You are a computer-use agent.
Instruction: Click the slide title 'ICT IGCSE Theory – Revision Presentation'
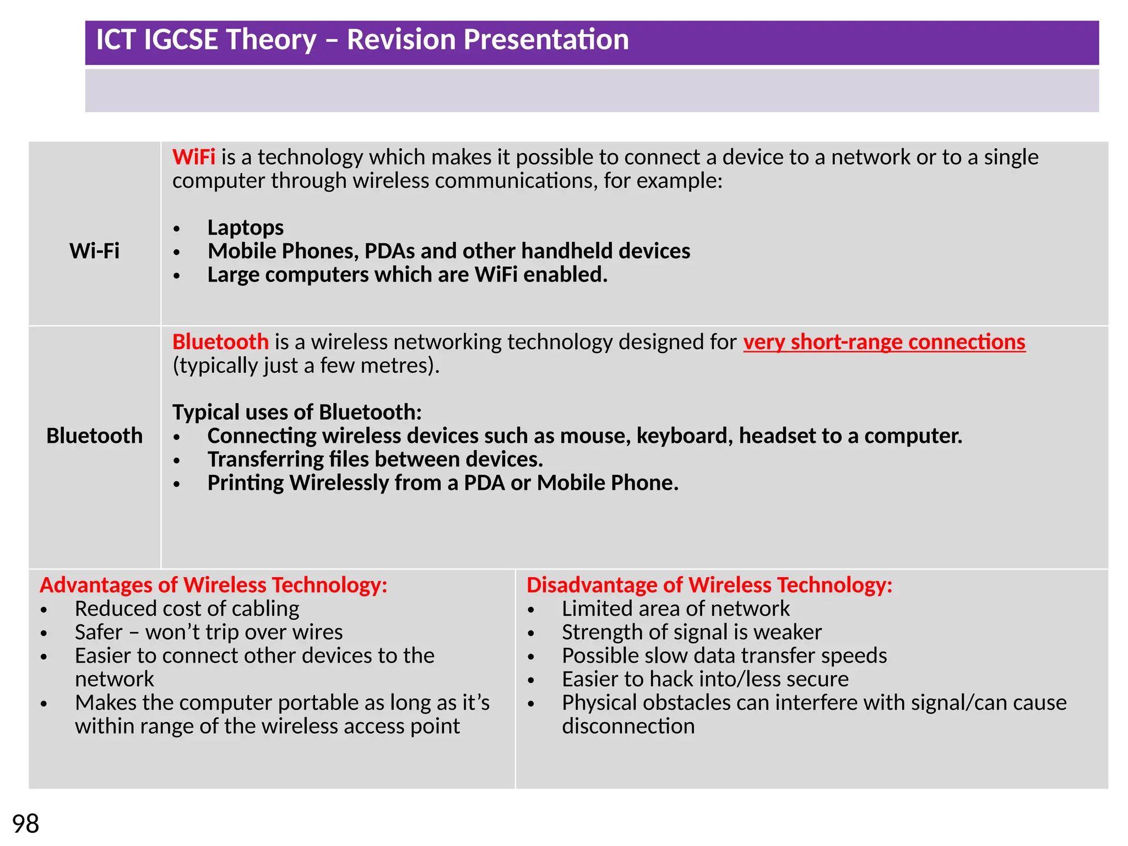tap(362, 40)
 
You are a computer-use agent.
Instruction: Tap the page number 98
tap(25, 824)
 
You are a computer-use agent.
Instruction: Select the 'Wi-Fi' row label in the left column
tap(94, 251)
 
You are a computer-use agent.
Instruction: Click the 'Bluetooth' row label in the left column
tap(94, 436)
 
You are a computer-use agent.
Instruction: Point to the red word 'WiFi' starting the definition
tap(193, 158)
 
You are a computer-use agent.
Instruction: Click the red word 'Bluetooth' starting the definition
tap(220, 342)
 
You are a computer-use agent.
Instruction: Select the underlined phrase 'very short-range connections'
tap(884, 342)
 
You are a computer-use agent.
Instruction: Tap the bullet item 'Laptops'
tap(245, 227)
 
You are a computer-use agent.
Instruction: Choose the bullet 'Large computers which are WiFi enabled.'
tap(407, 275)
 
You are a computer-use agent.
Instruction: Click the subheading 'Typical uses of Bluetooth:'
tap(297, 412)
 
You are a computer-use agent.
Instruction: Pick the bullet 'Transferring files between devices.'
tap(375, 459)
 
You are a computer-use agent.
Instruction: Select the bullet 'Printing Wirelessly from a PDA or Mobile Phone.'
tap(442, 483)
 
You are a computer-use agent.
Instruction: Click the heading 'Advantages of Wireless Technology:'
tap(213, 585)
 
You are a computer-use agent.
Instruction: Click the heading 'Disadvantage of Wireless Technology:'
tap(709, 585)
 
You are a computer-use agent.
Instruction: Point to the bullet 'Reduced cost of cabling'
tap(187, 609)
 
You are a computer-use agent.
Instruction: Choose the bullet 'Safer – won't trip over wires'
tap(209, 632)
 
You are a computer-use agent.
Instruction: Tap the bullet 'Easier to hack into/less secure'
tap(704, 679)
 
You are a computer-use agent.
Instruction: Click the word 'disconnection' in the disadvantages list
tap(628, 726)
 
